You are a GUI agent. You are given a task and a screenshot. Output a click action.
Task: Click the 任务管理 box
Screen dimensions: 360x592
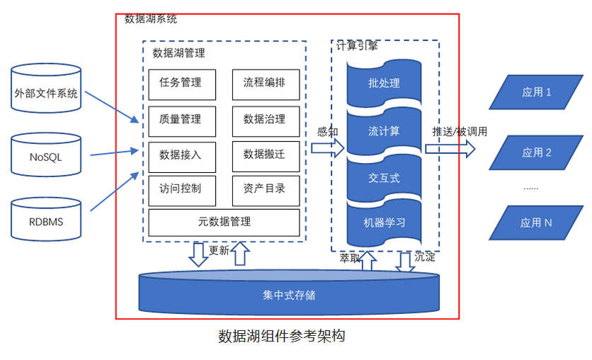[x=181, y=84]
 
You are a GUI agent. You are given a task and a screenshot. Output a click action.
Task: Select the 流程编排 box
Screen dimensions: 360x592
[x=266, y=84]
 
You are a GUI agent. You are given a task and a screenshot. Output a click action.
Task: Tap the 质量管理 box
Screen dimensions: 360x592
[x=181, y=120]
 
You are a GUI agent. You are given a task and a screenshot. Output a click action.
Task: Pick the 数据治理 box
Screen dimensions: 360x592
[x=266, y=120]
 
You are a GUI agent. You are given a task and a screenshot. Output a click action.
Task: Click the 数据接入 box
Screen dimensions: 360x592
[x=181, y=155]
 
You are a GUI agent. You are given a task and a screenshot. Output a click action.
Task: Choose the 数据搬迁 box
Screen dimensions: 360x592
[x=266, y=155]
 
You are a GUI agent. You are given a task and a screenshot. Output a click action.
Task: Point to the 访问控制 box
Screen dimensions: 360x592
[x=181, y=189]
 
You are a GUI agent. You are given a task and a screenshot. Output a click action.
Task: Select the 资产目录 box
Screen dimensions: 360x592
[x=266, y=189]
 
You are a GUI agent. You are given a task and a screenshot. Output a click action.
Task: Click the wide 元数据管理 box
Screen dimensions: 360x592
[x=224, y=223]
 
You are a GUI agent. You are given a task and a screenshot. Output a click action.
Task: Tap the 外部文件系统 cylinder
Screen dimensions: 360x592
[x=47, y=93]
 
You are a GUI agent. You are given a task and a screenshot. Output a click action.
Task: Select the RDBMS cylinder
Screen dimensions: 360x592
[x=47, y=221]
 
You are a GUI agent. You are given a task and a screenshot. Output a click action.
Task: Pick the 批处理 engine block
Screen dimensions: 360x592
[x=384, y=84]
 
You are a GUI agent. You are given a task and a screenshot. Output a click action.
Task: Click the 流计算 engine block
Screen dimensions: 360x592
[x=384, y=131]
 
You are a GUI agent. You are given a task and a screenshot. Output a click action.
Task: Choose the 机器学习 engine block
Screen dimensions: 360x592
[x=384, y=223]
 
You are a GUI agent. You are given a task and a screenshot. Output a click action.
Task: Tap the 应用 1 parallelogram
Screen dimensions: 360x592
[x=536, y=92]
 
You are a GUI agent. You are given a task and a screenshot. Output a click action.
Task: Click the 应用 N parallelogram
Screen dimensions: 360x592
[x=536, y=223]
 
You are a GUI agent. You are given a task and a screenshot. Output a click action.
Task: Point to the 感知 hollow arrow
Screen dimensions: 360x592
[x=328, y=147]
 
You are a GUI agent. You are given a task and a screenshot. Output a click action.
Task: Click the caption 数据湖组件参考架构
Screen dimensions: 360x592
[x=282, y=336]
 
